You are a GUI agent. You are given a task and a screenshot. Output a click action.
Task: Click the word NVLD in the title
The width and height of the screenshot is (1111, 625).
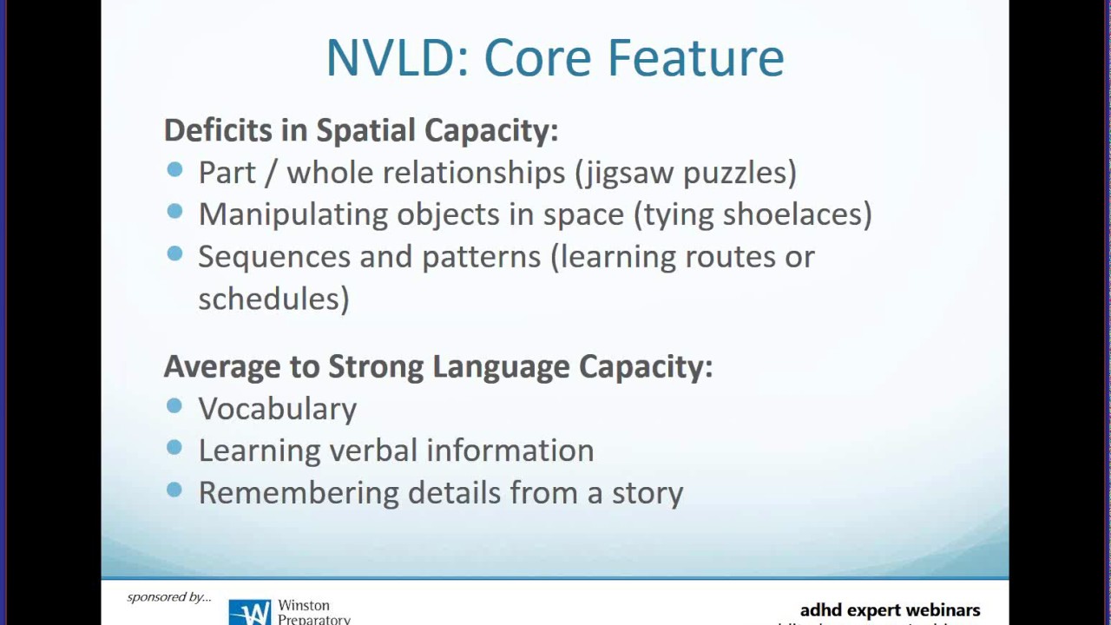point(396,58)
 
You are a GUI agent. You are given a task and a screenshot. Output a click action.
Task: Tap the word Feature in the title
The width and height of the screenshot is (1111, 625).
point(695,58)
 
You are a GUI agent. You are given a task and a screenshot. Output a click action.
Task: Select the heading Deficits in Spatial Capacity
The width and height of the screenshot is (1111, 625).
point(360,130)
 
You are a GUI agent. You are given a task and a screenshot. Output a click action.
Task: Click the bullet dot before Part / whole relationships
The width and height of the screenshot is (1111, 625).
point(174,170)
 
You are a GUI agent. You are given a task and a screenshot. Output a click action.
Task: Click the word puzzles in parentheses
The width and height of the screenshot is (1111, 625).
point(740,173)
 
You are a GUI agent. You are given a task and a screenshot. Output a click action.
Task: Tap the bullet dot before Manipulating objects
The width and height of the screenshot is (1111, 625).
point(174,212)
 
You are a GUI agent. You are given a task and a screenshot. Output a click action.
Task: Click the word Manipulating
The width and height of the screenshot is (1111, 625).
point(293,214)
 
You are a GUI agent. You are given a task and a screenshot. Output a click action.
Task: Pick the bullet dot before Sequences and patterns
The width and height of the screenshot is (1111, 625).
point(174,253)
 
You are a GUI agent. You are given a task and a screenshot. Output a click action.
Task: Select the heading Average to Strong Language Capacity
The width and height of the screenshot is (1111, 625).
point(437,366)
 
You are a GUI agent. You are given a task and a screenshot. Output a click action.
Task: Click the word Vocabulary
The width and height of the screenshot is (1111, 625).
point(277,409)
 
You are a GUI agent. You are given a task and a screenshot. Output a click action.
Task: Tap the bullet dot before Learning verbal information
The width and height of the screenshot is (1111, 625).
point(174,448)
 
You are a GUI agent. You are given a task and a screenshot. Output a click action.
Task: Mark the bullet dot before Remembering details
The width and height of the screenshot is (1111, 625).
point(174,490)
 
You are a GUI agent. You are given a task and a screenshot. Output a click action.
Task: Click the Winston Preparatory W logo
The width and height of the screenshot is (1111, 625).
point(250,613)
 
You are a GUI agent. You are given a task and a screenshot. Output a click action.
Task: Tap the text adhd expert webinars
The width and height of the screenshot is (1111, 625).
point(890,610)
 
